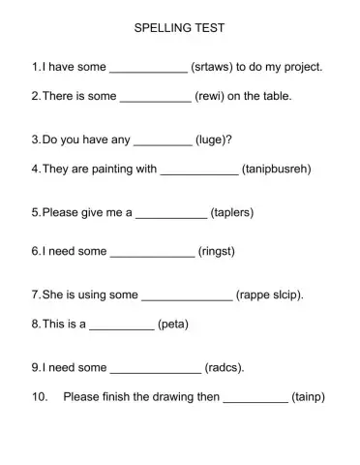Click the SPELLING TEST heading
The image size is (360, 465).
click(x=179, y=29)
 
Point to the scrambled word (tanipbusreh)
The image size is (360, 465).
click(x=277, y=169)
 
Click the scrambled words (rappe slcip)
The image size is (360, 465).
click(x=270, y=294)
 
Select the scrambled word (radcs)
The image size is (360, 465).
click(x=225, y=367)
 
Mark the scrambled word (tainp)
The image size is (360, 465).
click(x=309, y=396)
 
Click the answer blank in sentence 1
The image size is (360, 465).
click(x=149, y=71)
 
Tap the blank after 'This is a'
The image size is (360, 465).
click(x=121, y=327)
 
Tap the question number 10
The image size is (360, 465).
click(x=40, y=396)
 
